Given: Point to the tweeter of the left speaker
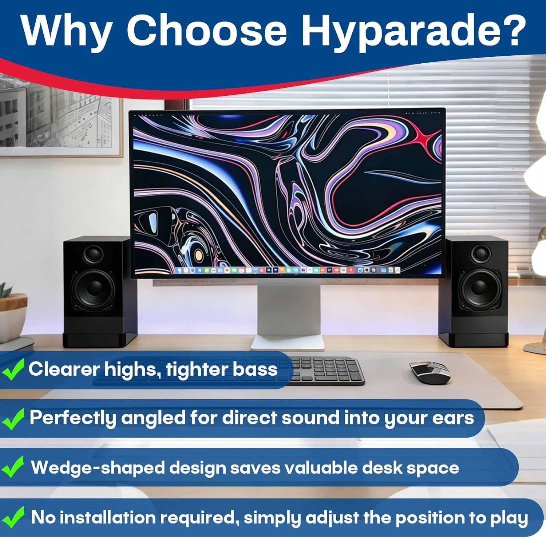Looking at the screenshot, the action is [x=93, y=254].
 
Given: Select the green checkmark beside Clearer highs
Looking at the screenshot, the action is [x=13, y=369].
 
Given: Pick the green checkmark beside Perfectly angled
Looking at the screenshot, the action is [x=13, y=419].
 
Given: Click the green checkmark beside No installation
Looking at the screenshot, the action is [x=13, y=517].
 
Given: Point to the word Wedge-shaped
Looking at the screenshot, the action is [x=98, y=468].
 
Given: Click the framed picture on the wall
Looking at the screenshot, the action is [x=60, y=115].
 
